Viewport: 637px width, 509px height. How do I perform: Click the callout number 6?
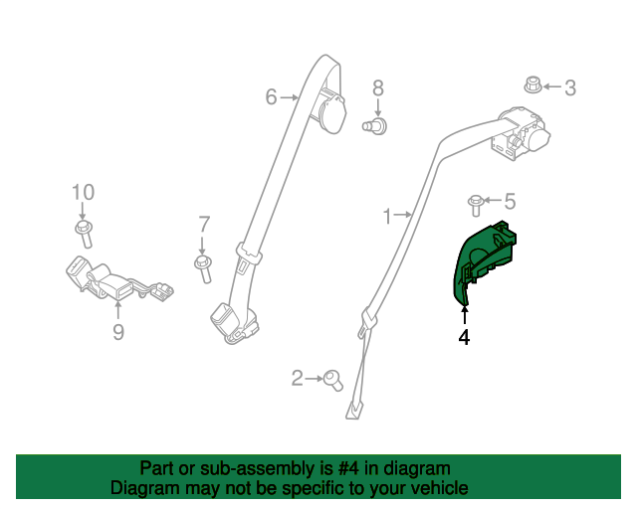click(271, 97)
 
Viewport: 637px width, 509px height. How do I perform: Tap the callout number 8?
click(378, 88)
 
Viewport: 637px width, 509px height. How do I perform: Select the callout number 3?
click(570, 87)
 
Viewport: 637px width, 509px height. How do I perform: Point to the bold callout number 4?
click(464, 337)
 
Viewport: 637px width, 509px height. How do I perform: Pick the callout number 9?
click(117, 332)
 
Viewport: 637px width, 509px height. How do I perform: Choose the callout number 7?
click(204, 225)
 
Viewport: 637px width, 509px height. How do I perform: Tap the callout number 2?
click(297, 378)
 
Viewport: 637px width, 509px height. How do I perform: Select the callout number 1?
click(387, 217)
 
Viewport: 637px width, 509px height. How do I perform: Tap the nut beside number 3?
click(532, 85)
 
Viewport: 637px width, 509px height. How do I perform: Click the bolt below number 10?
click(84, 234)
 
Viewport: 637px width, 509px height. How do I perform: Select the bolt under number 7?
click(203, 267)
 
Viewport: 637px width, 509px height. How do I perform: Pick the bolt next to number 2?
click(334, 381)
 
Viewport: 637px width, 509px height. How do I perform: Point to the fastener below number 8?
click(374, 126)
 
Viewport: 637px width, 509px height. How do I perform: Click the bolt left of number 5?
click(476, 206)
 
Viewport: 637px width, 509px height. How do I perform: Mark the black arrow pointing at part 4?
click(465, 316)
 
